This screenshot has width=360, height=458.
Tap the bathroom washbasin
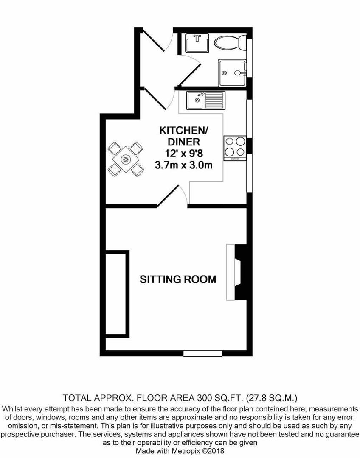pos(197,43)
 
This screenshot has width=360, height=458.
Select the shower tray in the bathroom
pos(232,73)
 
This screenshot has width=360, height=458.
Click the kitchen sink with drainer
pos(206,100)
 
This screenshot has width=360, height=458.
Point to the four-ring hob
pos(235,148)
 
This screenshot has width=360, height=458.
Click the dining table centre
pos(126,159)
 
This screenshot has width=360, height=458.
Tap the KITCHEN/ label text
pos(184,131)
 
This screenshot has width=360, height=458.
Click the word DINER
pos(184,142)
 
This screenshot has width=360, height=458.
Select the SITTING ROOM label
pos(178,279)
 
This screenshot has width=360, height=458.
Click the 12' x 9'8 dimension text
pos(184,154)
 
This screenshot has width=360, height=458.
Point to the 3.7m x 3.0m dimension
pos(184,165)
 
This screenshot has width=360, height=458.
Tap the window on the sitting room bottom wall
pos(202,353)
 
